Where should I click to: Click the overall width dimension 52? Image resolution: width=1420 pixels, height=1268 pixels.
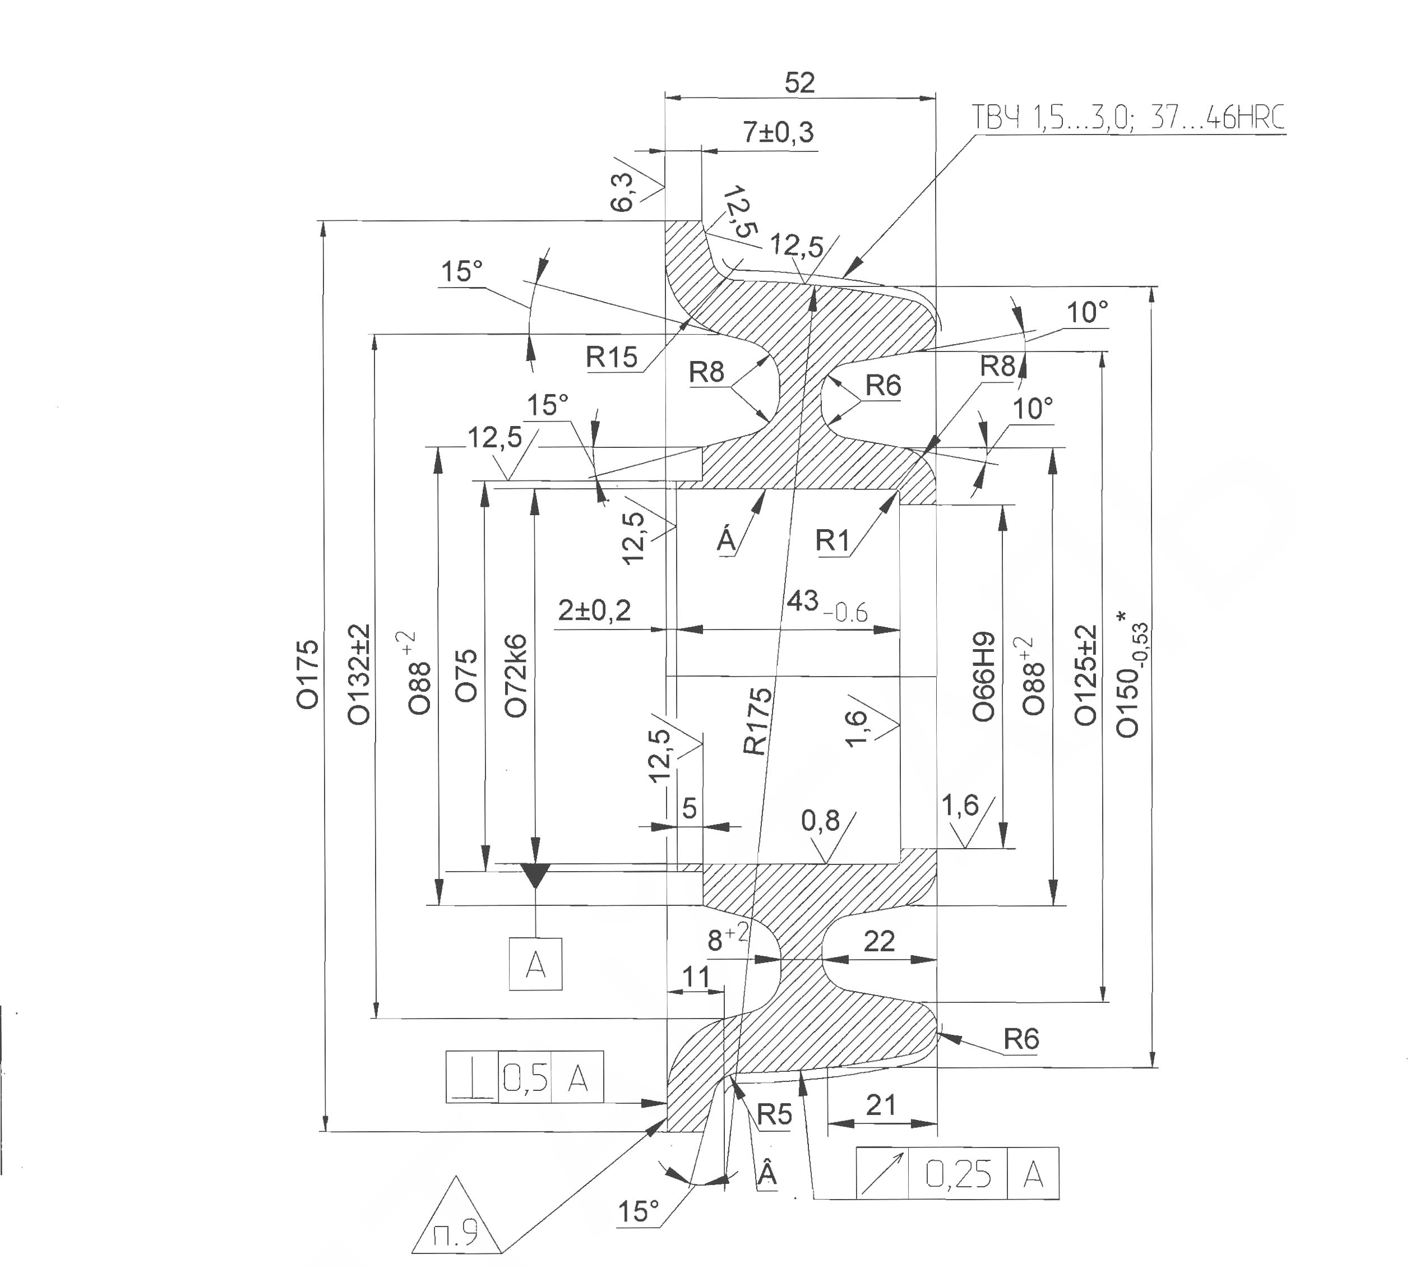(799, 83)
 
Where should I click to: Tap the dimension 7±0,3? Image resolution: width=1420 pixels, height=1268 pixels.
(778, 132)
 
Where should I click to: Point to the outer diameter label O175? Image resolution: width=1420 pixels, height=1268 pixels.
(307, 674)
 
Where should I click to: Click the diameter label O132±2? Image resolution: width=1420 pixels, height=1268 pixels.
(359, 674)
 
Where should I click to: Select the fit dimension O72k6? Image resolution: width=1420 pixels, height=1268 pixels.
(516, 676)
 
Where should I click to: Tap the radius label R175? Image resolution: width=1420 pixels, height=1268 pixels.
(758, 721)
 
